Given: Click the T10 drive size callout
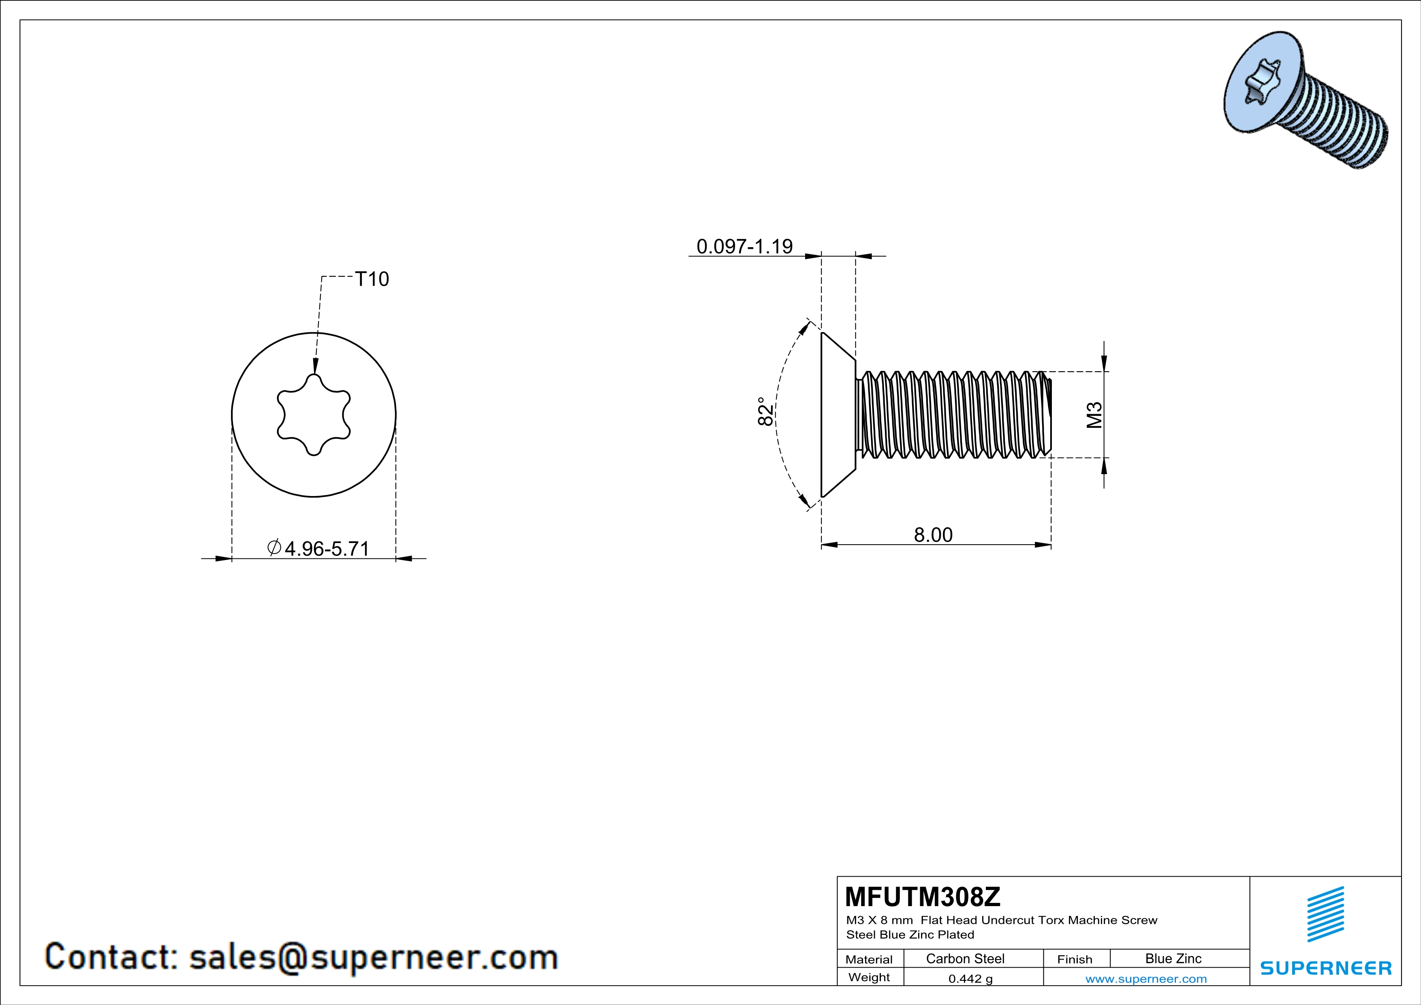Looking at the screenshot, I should coord(372,279).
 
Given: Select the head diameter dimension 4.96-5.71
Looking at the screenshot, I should coord(326,548).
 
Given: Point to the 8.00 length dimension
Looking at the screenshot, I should coord(933,535).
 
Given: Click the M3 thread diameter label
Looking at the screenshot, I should coord(1094,415).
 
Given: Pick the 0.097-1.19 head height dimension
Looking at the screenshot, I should coord(745,246).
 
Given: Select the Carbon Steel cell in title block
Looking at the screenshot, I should coord(965,958).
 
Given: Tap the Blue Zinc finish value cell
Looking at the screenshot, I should coord(1173,958).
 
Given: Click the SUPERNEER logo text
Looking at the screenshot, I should coord(1326,968).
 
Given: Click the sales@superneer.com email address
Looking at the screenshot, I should coord(373,957).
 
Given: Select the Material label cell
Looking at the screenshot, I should coord(869,959).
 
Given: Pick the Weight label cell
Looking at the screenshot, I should coord(869,977).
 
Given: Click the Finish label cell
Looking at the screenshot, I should coord(1075,959).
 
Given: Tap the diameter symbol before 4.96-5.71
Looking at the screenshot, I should coord(274,547).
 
